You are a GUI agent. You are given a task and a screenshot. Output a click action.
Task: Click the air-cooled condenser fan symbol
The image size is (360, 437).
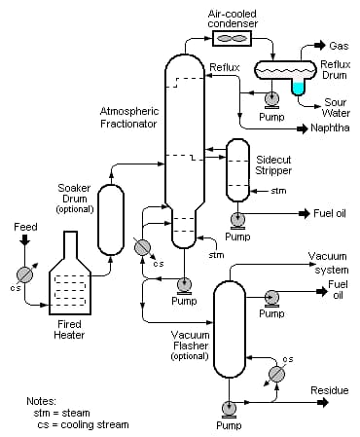point(232,38)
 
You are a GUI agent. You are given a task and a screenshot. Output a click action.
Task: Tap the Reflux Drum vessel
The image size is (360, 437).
point(285,70)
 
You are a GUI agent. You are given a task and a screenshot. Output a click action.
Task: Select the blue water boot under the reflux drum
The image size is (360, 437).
point(298,88)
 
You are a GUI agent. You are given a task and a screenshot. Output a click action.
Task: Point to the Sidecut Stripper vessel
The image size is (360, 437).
point(237,170)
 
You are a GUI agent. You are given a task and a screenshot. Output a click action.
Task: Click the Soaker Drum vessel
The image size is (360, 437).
point(111,220)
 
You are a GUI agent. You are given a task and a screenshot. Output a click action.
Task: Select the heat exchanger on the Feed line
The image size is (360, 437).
point(25,275)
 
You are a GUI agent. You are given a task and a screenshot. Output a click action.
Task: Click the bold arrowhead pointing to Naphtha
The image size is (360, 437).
point(303,129)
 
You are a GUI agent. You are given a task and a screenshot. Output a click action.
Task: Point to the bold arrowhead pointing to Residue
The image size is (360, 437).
point(323,403)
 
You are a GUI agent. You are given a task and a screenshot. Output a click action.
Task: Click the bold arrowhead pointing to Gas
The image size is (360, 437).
point(320,45)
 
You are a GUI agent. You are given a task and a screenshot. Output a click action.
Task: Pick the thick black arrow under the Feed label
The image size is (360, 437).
point(24,239)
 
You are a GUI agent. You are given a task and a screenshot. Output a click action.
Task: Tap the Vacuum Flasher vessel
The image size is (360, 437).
point(230,329)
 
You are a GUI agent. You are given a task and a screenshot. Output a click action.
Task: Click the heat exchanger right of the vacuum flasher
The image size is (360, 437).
point(277,374)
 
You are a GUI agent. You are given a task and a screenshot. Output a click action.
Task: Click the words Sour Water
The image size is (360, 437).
point(336,108)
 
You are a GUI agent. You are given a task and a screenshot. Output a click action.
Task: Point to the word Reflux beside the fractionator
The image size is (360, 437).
point(225,67)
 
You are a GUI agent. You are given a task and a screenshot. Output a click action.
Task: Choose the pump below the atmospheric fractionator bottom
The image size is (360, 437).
point(184,286)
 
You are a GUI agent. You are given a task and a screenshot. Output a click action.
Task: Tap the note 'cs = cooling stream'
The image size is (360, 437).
point(83,424)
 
